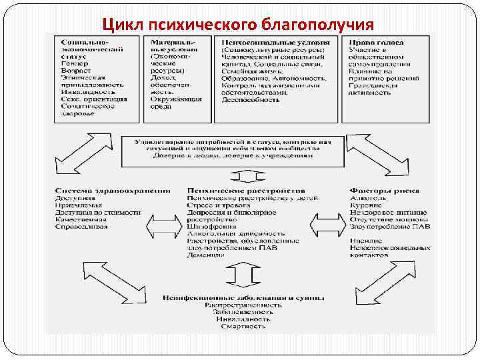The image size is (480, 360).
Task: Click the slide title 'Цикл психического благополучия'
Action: tap(237, 25)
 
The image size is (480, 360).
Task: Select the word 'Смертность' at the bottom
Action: tap(245, 326)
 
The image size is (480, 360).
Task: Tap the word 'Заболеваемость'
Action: tap(245, 311)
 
